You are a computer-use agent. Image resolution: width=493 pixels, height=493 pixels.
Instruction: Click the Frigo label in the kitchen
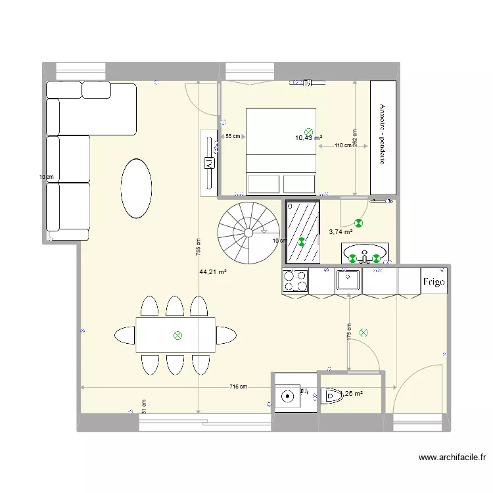[434, 282]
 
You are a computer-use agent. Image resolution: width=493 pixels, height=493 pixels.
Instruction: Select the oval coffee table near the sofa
[135, 188]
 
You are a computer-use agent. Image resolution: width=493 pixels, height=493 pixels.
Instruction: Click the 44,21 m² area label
[213, 271]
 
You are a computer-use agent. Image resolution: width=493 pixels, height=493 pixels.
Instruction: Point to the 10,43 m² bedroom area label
[308, 138]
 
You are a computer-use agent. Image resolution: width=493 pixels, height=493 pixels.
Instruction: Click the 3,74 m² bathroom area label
[340, 231]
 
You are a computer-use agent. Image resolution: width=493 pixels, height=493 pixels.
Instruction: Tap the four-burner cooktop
[295, 281]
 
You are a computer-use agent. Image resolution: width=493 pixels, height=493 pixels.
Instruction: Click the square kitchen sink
[347, 281]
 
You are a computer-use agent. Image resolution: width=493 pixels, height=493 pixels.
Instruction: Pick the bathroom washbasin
[365, 252]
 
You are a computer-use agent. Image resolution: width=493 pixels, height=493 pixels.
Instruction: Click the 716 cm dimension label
[238, 387]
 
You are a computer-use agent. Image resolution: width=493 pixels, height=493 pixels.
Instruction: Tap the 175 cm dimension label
[348, 331]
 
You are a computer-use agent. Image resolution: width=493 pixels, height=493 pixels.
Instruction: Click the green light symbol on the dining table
[177, 336]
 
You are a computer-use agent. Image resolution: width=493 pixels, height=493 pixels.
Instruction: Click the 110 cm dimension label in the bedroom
[342, 146]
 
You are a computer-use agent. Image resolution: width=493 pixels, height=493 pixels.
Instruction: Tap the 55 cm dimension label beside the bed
[232, 136]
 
